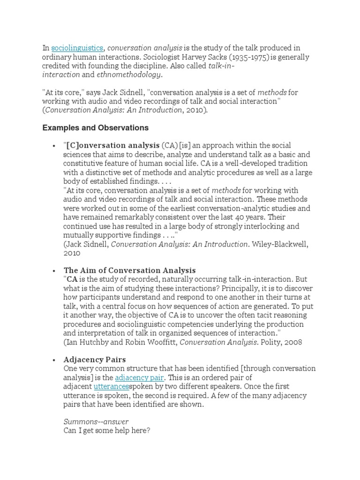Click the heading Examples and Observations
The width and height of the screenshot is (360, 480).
click(96, 128)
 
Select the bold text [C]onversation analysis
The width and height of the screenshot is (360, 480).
click(113, 146)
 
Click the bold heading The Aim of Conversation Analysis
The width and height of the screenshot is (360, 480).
click(129, 270)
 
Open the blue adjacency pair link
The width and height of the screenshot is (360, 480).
click(139, 377)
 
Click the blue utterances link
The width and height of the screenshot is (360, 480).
click(111, 387)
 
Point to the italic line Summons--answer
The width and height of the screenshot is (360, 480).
click(96, 421)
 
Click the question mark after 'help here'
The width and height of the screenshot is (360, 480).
click(148, 430)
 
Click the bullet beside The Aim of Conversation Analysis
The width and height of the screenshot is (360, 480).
click(54, 271)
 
